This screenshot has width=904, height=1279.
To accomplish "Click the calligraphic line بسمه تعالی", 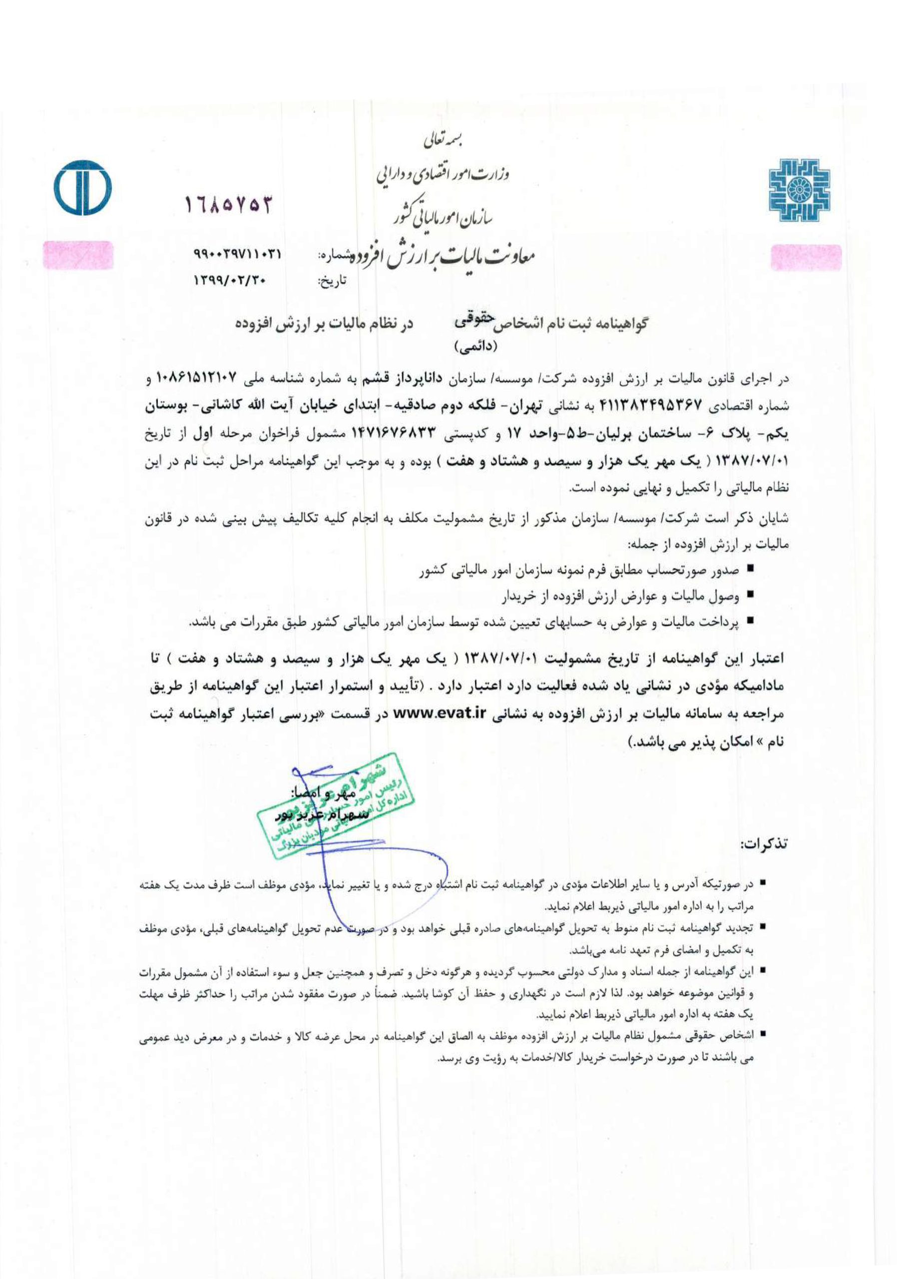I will click(x=445, y=140).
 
